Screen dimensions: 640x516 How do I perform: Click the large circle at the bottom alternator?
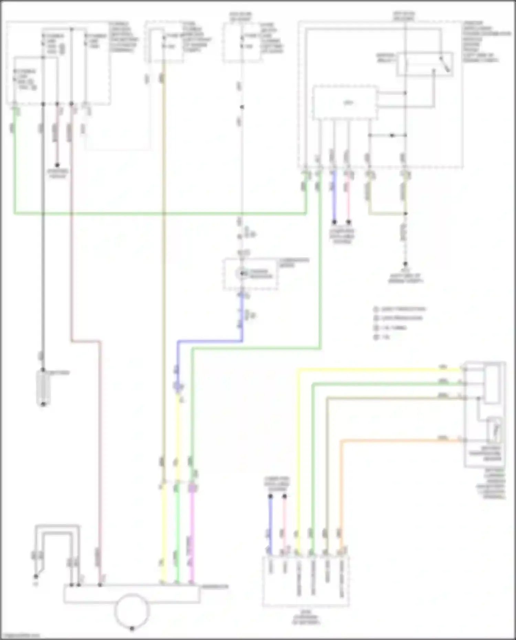132,610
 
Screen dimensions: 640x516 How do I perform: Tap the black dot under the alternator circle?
132,629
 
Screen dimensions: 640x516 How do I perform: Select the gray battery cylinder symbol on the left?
43,388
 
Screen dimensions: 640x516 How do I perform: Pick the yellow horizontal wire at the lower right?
378,370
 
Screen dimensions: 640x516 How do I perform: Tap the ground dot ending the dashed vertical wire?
406,264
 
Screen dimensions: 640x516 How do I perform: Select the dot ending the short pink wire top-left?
57,165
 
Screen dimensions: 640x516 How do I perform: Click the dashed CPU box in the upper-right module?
345,103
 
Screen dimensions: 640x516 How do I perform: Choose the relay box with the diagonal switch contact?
425,64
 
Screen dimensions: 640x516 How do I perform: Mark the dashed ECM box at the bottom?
306,581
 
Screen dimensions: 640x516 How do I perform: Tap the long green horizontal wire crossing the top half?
158,214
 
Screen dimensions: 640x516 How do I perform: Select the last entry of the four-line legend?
382,337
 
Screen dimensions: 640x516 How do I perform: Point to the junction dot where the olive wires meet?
406,214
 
